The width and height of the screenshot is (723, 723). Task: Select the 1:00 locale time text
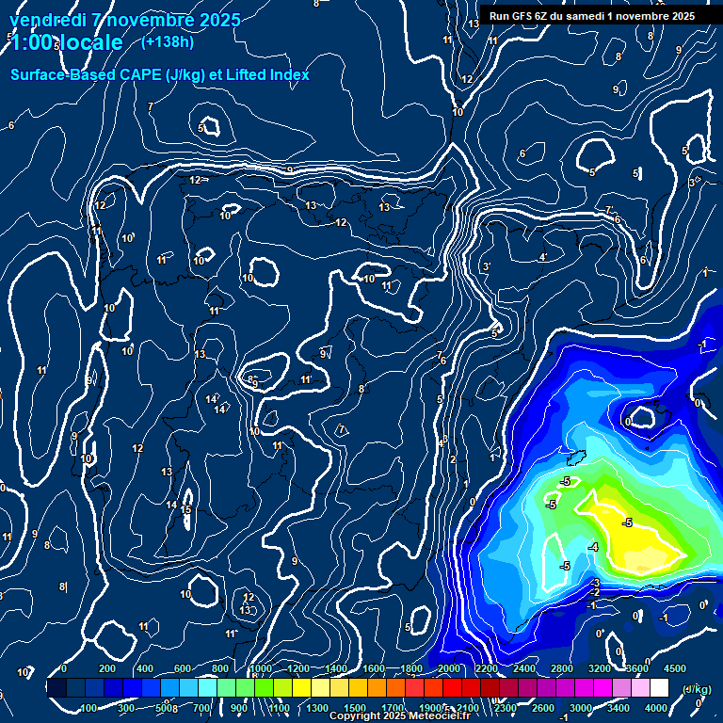pyautogui.click(x=66, y=42)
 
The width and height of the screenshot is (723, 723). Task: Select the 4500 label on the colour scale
pyautogui.click(x=674, y=668)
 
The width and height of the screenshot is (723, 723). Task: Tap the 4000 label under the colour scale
pyautogui.click(x=656, y=708)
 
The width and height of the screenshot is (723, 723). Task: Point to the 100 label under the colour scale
pyautogui.click(x=88, y=708)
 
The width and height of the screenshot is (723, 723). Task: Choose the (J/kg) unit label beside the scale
pyautogui.click(x=696, y=689)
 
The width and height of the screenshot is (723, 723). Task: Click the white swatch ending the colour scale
pyautogui.click(x=659, y=688)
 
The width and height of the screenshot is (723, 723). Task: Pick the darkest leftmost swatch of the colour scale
pyautogui.click(x=56, y=688)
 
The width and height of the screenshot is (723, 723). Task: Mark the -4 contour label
pyautogui.click(x=593, y=547)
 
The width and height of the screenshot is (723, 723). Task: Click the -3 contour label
pyautogui.click(x=596, y=583)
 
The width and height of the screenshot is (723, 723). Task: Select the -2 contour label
pyautogui.click(x=595, y=592)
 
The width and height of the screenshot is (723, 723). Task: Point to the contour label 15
pyautogui.click(x=186, y=510)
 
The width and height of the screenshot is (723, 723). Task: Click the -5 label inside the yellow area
pyautogui.click(x=626, y=522)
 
